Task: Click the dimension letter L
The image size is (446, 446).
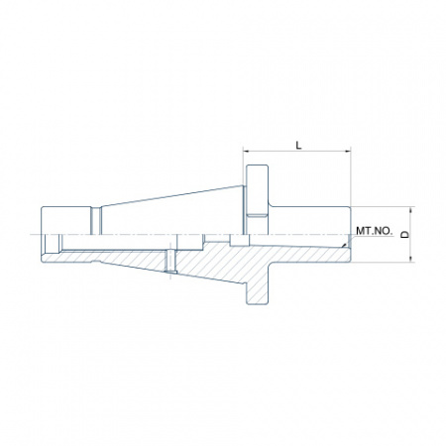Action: pos(298,145)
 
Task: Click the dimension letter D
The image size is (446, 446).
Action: pos(405,234)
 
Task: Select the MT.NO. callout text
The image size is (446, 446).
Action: pos(375,231)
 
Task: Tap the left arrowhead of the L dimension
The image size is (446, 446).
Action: pos(246,152)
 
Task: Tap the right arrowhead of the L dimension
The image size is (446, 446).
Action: pos(348,152)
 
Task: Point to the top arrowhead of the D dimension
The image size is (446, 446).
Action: pos(411,210)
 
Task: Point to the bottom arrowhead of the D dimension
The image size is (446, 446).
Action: pos(411,260)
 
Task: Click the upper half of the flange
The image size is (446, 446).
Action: pos(257,199)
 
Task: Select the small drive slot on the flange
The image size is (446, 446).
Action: pos(258,216)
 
